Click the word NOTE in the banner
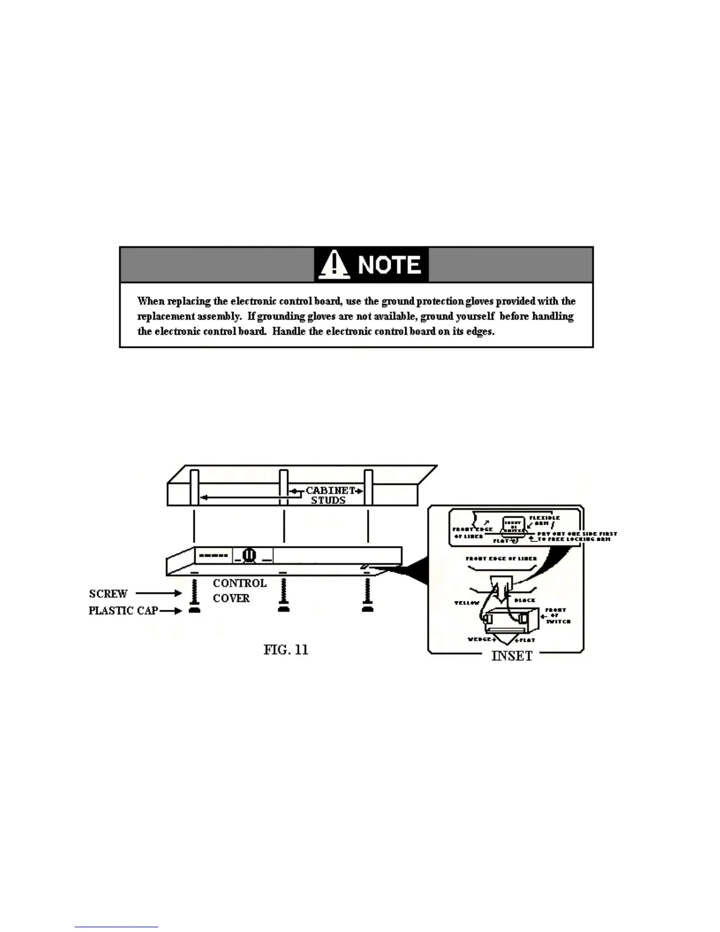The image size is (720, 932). tap(389, 265)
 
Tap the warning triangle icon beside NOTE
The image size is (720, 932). tap(334, 265)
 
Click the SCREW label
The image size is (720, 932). tap(108, 594)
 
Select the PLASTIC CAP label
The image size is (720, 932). tap(123, 611)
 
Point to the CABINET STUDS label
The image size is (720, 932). tap(329, 495)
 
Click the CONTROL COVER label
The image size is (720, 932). tap(239, 590)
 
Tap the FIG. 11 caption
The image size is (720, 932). tap(286, 650)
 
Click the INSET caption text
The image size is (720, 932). tap(512, 656)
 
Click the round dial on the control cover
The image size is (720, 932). tap(249, 554)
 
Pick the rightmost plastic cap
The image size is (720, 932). tap(368, 610)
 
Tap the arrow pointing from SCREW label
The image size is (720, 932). tap(159, 594)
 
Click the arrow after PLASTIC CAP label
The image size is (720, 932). tap(171, 611)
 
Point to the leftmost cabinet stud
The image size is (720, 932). tap(194, 487)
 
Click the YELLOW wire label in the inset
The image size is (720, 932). tap(467, 603)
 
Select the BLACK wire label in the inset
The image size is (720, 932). tap(525, 601)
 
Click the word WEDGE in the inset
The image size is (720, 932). tap(479, 640)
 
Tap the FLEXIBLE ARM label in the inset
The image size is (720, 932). tap(544, 520)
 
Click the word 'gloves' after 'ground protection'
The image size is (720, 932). tap(479, 301)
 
